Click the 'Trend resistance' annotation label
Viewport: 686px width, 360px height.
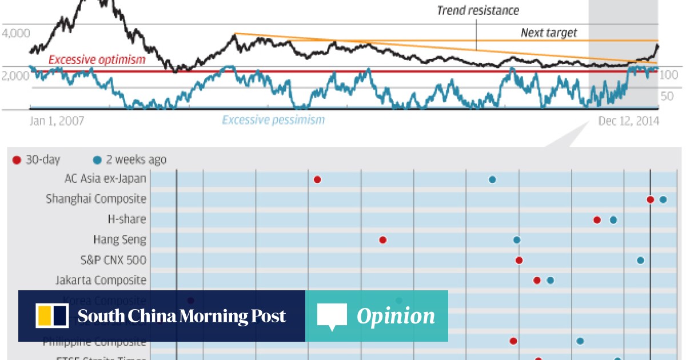click(478, 10)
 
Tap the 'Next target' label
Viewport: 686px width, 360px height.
click(549, 33)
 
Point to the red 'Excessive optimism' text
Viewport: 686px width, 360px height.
click(97, 59)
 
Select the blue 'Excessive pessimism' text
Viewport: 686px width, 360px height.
click(273, 120)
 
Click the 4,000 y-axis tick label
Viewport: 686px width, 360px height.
click(15, 34)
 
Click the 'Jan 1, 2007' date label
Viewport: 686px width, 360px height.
click(57, 121)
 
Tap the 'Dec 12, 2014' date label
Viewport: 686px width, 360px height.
click(628, 121)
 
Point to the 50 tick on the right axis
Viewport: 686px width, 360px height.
click(667, 96)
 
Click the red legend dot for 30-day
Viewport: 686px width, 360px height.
click(16, 160)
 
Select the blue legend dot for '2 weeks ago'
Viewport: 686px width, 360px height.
click(97, 160)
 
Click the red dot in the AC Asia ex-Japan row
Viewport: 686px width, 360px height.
click(317, 179)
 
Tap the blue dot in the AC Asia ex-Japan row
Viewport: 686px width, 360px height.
click(492, 179)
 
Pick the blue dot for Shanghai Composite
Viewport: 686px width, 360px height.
click(663, 199)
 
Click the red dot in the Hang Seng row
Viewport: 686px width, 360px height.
click(383, 240)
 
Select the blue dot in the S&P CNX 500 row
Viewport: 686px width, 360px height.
click(640, 260)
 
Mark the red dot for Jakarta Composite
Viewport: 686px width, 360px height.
click(537, 280)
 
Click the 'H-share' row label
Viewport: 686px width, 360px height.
click(127, 219)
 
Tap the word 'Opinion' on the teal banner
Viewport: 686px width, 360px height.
click(396, 316)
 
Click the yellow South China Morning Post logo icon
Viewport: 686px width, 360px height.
click(52, 316)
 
